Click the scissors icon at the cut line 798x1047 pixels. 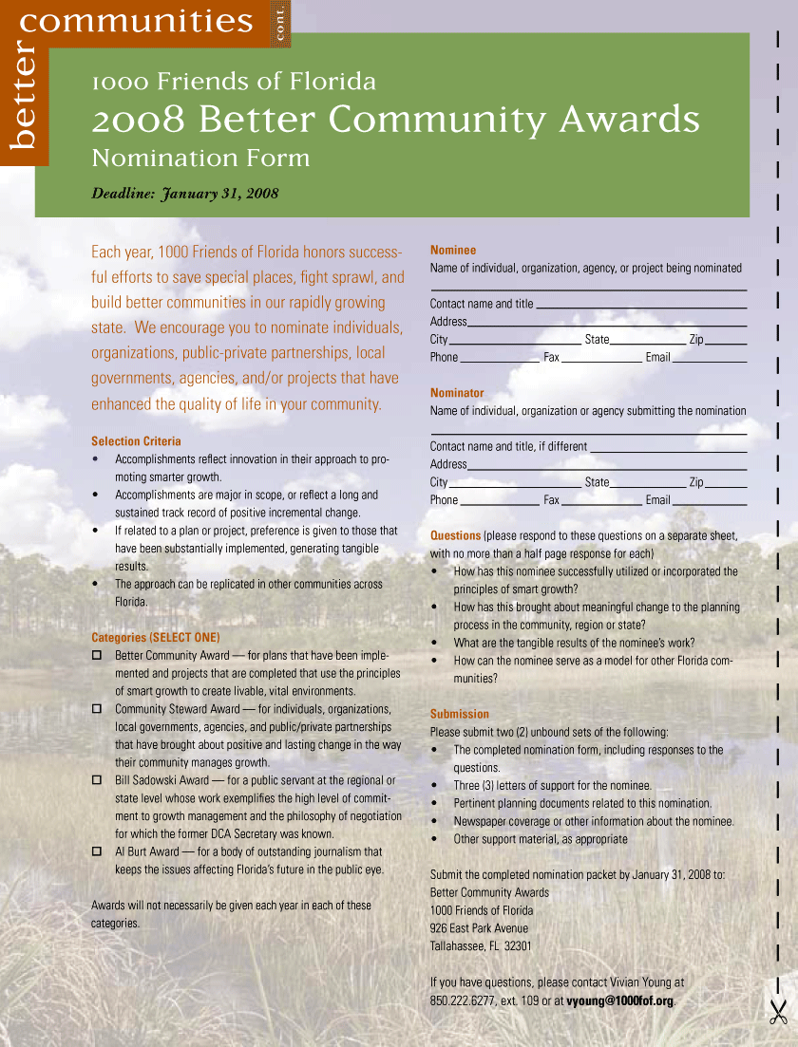[778, 1012]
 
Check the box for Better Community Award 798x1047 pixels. [96, 656]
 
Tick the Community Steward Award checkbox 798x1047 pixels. [96, 709]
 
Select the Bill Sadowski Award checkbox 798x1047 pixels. [96, 780]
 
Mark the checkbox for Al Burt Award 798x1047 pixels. [96, 851]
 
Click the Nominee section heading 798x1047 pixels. [453, 250]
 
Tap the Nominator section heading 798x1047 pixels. [457, 392]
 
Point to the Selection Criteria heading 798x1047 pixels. [136, 441]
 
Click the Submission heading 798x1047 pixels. [460, 714]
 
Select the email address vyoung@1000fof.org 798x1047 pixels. [619, 1000]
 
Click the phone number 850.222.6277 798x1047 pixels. [461, 1000]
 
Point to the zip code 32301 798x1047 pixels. [518, 945]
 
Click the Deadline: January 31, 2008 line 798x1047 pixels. [184, 194]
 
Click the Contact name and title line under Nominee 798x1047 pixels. [642, 306]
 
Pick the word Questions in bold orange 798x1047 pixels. [455, 535]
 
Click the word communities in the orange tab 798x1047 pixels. [136, 21]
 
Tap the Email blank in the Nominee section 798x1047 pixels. [709, 359]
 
